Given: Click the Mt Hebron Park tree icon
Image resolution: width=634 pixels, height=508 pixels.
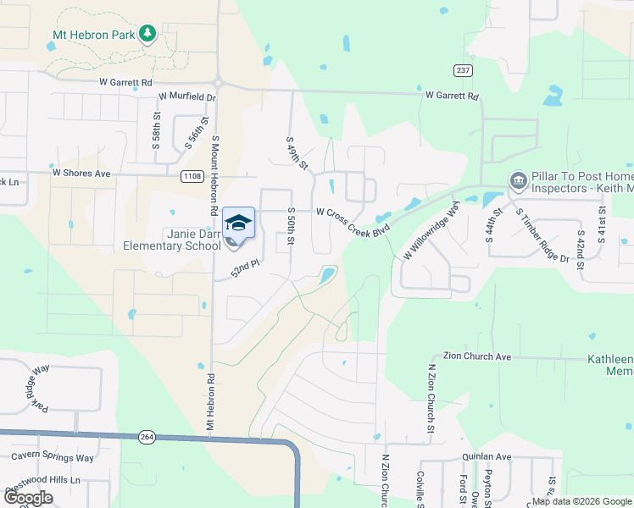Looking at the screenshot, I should [x=148, y=33].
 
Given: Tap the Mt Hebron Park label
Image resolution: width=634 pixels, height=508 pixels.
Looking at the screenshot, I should [x=94, y=34].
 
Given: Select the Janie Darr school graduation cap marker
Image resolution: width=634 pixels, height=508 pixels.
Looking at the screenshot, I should [x=238, y=224].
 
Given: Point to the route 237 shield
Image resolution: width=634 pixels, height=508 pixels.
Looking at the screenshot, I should [x=462, y=70].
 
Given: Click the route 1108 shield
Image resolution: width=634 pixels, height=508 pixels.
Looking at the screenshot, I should [x=192, y=175].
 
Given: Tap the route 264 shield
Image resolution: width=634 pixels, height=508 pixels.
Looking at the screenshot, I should [x=147, y=437].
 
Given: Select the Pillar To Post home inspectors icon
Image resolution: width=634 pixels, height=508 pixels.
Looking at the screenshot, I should [x=517, y=180].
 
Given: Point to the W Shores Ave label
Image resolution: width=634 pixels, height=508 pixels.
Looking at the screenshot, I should [x=81, y=173].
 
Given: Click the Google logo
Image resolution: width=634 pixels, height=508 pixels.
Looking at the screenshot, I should [x=28, y=498].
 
